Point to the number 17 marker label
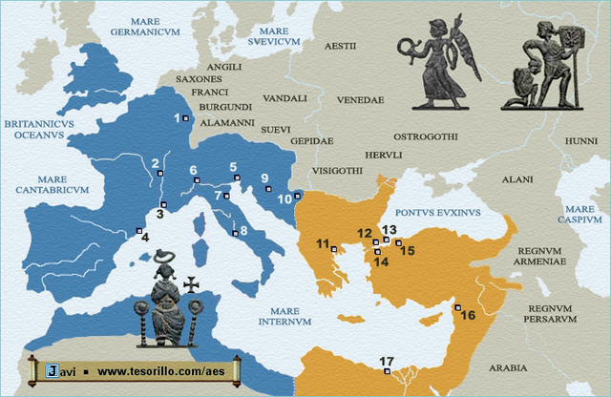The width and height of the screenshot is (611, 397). coord(386,361)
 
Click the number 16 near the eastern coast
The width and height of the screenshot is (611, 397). coord(468,315)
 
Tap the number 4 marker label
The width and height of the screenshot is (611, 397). coord(145,238)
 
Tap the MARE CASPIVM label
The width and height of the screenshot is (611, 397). coord(580,214)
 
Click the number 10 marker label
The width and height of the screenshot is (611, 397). coord(284,199)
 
